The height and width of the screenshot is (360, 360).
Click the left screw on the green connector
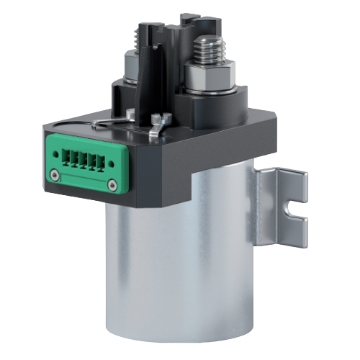(x=55, y=174)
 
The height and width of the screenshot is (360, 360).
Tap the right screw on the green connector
(x=111, y=186)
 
